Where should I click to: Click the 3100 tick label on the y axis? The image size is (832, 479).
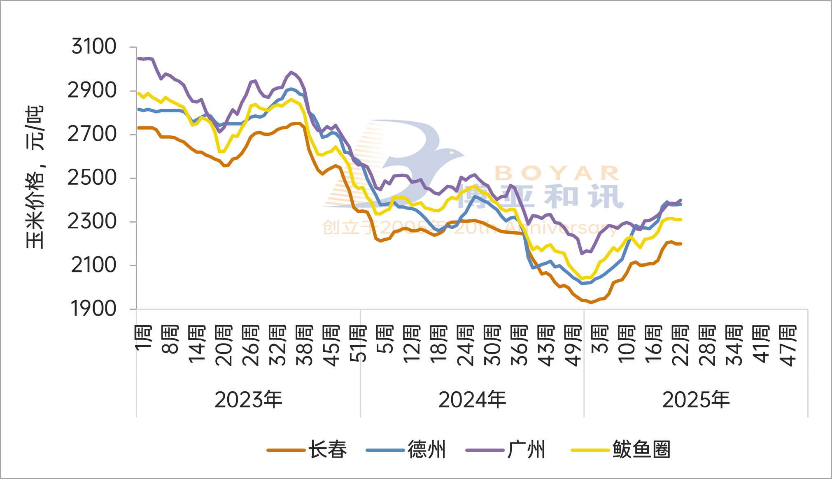[94, 47]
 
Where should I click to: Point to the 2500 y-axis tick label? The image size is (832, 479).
[92, 178]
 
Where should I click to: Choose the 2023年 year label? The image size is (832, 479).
[248, 400]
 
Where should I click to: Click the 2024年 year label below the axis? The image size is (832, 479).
[472, 400]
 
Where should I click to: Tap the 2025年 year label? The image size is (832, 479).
[696, 400]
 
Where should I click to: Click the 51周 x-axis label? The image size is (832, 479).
[358, 344]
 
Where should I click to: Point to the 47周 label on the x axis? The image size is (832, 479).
[788, 346]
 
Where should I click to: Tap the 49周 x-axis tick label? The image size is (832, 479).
[573, 346]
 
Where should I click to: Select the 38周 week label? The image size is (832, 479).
[305, 346]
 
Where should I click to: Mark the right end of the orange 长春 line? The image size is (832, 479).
[681, 244]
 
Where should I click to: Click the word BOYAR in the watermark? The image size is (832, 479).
[557, 173]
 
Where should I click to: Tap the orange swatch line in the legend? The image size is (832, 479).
[286, 450]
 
